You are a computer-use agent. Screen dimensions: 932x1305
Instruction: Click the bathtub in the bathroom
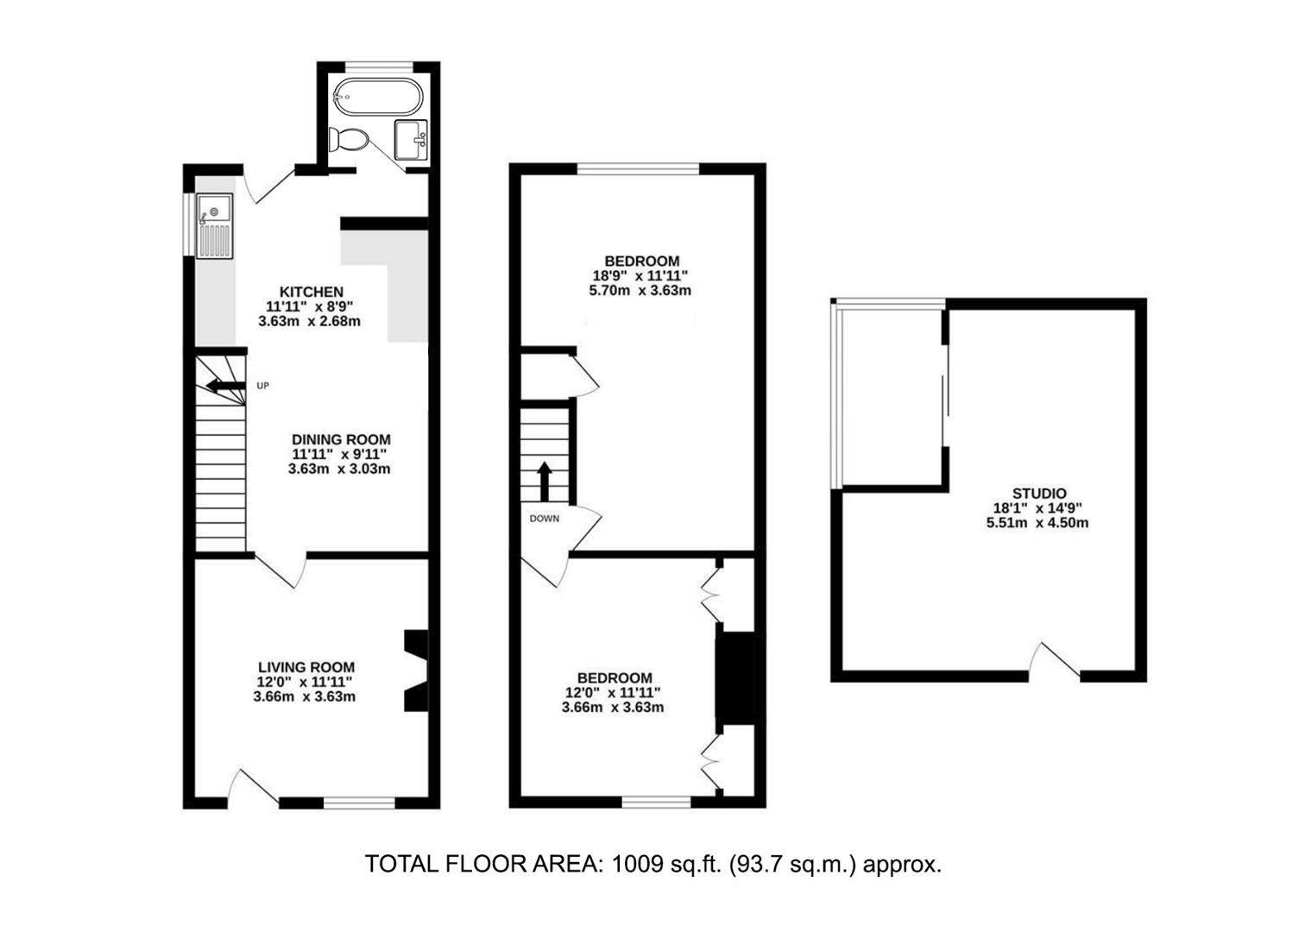click(379, 98)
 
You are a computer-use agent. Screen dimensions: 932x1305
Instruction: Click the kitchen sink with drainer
click(214, 225)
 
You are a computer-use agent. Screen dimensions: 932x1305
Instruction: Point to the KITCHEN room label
click(311, 292)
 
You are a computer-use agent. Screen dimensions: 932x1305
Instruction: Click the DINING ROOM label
click(340, 439)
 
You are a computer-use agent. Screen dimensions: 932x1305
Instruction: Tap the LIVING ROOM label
click(306, 667)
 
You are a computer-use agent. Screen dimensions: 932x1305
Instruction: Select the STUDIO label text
click(1038, 494)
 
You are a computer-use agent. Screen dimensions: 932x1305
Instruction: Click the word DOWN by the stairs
click(545, 519)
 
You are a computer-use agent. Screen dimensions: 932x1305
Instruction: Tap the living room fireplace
click(416, 671)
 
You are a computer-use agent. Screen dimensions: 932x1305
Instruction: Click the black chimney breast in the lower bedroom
click(735, 677)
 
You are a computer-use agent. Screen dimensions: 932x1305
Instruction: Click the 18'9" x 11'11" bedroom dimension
click(641, 276)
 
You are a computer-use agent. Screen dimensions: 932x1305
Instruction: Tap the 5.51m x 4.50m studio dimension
click(1037, 523)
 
